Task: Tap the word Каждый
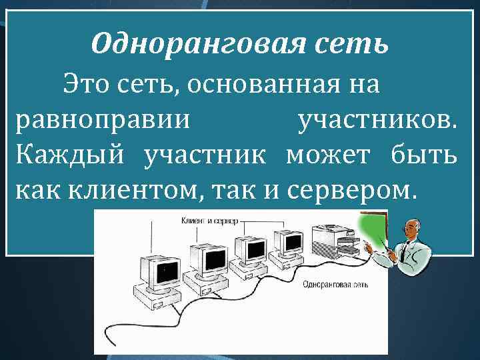[x=70, y=155]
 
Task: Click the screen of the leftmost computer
[x=162, y=271]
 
